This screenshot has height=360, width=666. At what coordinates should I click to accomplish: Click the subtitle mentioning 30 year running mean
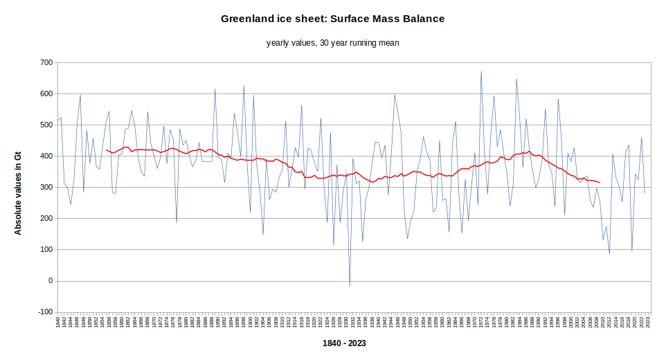click(332, 43)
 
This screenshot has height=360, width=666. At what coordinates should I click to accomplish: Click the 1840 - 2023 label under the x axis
click(344, 343)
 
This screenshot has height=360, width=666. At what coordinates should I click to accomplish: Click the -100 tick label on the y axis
click(44, 312)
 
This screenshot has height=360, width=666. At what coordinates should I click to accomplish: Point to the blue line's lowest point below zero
click(350, 286)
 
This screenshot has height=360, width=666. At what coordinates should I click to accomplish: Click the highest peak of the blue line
click(481, 71)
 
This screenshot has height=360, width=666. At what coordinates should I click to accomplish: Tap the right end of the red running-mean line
click(600, 183)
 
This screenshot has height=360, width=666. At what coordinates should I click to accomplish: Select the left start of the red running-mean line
click(106, 150)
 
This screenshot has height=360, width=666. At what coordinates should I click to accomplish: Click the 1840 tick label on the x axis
click(58, 322)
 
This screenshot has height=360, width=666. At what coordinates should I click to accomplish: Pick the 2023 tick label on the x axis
click(647, 322)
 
